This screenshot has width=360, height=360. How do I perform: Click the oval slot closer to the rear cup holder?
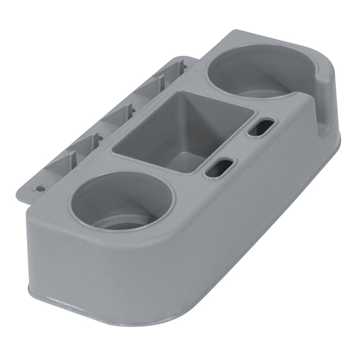pyautogui.click(x=261, y=127)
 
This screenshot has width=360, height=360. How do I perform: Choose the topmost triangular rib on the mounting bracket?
pyautogui.click(x=178, y=67)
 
